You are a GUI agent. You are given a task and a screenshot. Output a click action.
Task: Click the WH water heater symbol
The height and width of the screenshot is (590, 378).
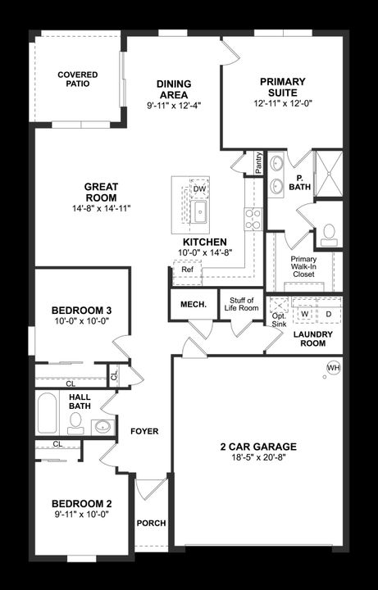pyautogui.click(x=333, y=368)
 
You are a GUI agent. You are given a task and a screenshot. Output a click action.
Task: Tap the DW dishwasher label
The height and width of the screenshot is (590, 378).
pyautogui.click(x=199, y=189)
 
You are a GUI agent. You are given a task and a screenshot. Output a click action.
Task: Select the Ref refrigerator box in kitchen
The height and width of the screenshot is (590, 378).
pyautogui.click(x=187, y=270)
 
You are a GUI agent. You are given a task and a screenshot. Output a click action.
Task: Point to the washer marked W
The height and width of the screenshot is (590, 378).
pyautogui.click(x=305, y=314)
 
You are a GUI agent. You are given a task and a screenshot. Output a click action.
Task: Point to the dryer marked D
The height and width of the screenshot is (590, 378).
pyautogui.click(x=327, y=314)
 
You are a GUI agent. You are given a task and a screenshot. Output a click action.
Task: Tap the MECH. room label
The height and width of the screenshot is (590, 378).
pyautogui.click(x=187, y=305)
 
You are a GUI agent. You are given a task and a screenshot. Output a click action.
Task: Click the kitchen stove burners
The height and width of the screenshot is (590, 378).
pyautogui.click(x=253, y=219)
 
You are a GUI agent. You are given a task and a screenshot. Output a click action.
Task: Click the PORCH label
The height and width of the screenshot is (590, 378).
pyautogui.click(x=151, y=523)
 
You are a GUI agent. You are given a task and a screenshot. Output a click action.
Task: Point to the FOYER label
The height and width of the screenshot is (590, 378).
pyautogui.click(x=144, y=431)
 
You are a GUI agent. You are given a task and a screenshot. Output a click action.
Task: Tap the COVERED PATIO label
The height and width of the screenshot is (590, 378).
pyautogui.click(x=78, y=79)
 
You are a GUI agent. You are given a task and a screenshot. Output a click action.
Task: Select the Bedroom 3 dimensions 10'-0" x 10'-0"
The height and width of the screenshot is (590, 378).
pyautogui.click(x=81, y=322)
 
